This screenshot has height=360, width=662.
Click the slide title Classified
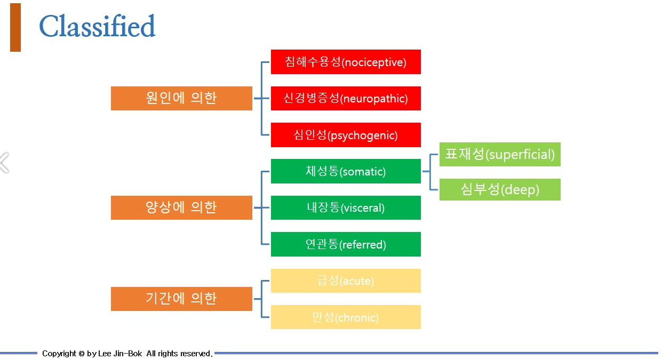(97, 27)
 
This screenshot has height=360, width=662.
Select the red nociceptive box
(346, 62)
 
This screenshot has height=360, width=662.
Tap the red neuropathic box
(346, 98)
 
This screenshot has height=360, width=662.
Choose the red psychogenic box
(346, 135)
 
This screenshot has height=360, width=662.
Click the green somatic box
(346, 171)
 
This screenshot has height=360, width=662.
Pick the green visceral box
(346, 207)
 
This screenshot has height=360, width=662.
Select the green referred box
(346, 244)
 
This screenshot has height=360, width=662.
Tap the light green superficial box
(500, 154)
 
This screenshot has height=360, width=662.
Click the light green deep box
(500, 189)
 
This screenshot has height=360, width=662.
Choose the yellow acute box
(346, 281)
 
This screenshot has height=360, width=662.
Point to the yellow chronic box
(346, 317)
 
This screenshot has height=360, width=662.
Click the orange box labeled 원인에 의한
(181, 98)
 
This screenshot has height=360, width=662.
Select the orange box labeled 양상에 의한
(181, 207)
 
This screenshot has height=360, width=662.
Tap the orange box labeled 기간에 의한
(181, 299)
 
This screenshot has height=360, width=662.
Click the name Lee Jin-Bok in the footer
(120, 354)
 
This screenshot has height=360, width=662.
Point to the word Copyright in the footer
(59, 354)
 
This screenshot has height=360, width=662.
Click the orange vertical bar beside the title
(15, 27)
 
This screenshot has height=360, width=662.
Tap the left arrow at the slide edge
(4, 163)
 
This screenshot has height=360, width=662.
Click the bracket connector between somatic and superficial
(430, 172)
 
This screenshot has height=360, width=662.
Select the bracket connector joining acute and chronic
(261, 299)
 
